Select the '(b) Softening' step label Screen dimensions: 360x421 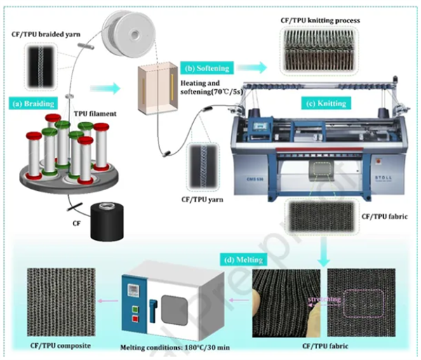[x=207, y=68]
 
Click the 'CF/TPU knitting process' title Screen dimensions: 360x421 [x=319, y=20]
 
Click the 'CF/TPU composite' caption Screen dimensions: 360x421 [x=56, y=344]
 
